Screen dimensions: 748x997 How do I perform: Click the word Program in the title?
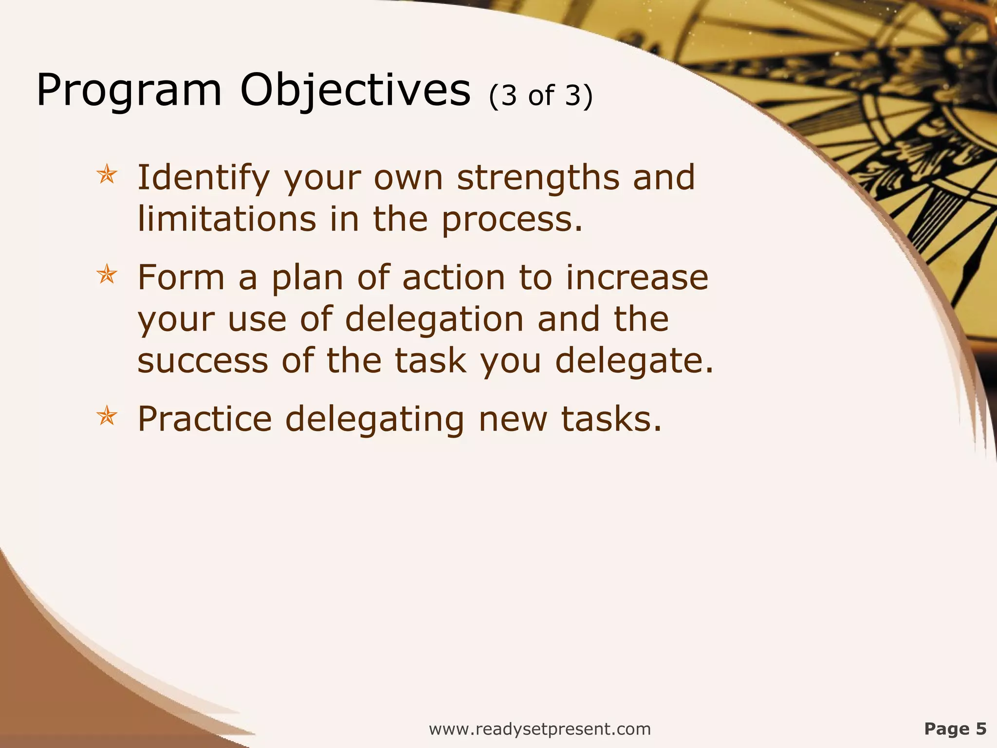click(129, 91)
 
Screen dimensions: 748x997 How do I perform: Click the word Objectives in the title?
click(355, 91)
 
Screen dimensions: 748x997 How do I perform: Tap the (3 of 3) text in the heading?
click(541, 96)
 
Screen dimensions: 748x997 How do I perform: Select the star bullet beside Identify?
click(107, 175)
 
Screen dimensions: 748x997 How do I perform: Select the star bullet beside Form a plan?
click(107, 275)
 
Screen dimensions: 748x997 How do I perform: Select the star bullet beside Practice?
click(107, 417)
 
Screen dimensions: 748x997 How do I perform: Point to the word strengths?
click(538, 178)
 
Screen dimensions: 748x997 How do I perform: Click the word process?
click(511, 220)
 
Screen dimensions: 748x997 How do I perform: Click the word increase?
click(637, 278)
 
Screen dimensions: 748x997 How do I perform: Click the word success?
click(203, 361)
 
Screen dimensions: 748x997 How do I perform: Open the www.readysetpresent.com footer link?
click(539, 729)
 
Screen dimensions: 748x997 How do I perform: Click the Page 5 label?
click(955, 729)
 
